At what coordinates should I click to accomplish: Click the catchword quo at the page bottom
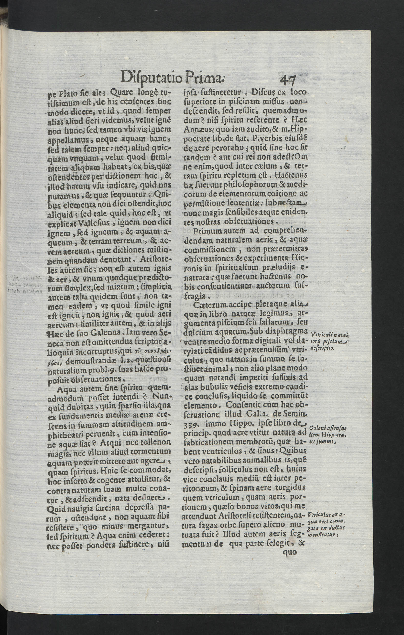(289, 552)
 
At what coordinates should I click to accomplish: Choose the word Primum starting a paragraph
(207, 230)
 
